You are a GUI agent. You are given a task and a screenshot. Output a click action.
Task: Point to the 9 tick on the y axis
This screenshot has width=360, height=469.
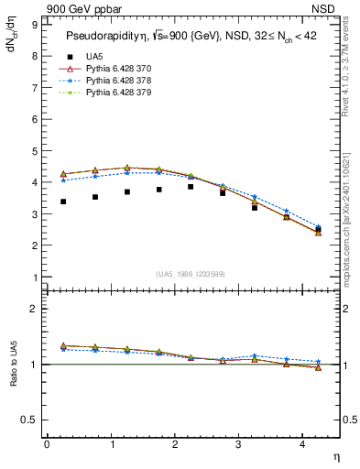(x=34, y=25)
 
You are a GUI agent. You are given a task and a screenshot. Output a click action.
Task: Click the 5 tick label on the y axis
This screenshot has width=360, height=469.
(x=34, y=151)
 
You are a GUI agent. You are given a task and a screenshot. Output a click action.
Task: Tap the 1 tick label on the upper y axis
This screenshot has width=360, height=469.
(x=34, y=278)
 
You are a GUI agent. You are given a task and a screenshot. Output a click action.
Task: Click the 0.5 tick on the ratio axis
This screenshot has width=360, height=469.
(x=29, y=420)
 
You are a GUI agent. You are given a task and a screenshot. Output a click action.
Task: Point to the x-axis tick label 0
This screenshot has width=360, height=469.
(x=47, y=444)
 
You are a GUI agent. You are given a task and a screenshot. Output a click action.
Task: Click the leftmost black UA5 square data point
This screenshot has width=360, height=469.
(x=63, y=202)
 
